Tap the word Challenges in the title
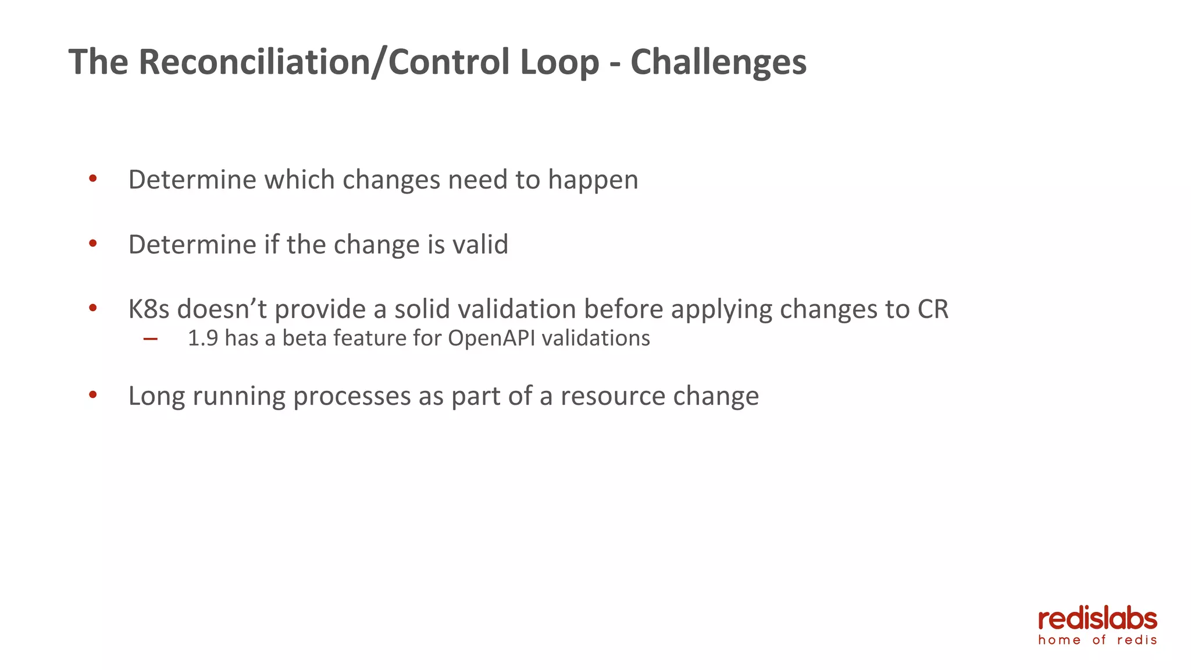(718, 62)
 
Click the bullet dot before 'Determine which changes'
(92, 179)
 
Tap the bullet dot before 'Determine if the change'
(92, 244)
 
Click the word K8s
(149, 309)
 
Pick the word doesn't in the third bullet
(222, 309)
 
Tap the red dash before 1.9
(150, 339)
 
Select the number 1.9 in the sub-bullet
(203, 338)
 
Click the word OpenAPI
(491, 338)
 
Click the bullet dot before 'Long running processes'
(92, 395)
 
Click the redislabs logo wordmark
(1097, 619)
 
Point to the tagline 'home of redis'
(1097, 640)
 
